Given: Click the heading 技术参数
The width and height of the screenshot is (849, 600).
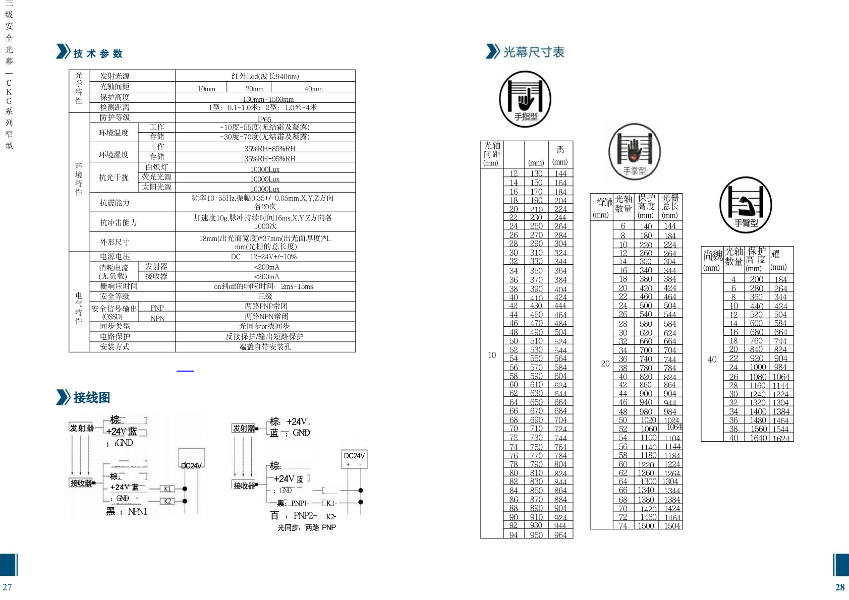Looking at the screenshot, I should point(98,53).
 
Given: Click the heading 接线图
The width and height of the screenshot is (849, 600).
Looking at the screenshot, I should point(91,397).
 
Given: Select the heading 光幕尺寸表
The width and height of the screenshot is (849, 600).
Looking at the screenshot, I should point(533,52).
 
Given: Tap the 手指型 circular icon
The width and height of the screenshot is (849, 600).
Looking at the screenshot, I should point(525,99).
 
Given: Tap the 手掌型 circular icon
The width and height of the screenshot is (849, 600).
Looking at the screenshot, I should point(634,152).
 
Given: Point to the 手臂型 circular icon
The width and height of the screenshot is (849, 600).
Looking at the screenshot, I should point(746,205).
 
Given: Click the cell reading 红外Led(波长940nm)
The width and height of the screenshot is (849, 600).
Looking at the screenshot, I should point(265,76).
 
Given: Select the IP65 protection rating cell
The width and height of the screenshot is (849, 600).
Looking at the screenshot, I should point(265,119).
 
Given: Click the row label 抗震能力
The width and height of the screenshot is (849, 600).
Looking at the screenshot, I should point(115,203).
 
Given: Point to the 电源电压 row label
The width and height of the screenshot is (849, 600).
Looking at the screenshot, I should point(115,257).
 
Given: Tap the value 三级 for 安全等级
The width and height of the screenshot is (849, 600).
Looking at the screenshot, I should point(265,296).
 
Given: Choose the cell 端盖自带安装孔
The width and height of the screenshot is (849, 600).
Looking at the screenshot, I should point(265,347).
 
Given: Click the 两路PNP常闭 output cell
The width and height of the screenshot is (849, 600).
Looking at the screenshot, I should point(266,306).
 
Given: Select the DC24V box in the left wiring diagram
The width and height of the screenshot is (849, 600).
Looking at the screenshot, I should point(192,465).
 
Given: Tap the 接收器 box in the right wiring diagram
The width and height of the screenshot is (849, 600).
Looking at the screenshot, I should point(244,486).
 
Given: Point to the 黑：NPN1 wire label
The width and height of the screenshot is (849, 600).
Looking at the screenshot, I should point(127,511).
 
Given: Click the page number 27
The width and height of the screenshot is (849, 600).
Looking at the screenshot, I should point(7,587).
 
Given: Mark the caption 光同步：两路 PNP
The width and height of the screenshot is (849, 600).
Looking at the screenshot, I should point(306,527).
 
